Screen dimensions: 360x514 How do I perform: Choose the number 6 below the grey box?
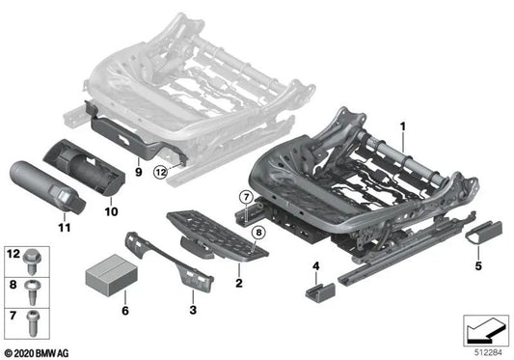coord(123,312)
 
